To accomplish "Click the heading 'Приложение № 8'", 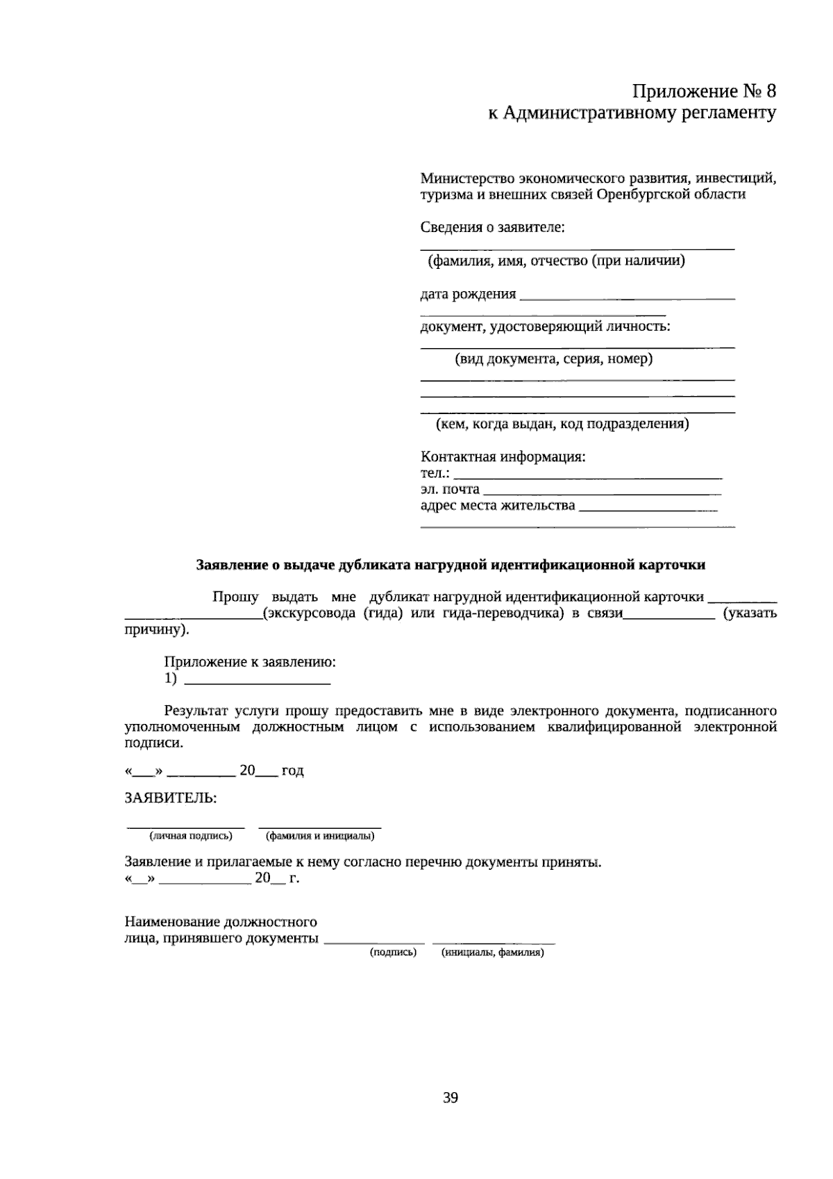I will coord(703,91).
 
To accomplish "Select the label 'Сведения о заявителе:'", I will coord(492,227).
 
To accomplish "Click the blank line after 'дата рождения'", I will coord(627,297).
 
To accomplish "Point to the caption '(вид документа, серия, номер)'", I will coord(553,359).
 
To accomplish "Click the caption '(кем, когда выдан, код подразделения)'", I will coord(562,424).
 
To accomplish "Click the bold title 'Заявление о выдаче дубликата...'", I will coord(451,565).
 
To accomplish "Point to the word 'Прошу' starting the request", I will coord(235,597).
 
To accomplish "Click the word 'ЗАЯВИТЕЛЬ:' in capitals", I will coord(171,798).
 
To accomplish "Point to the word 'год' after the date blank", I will coord(292,770).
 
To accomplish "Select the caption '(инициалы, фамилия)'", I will coord(492,953).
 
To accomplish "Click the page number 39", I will coord(450,1098).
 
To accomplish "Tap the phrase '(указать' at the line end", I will coord(750,613).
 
